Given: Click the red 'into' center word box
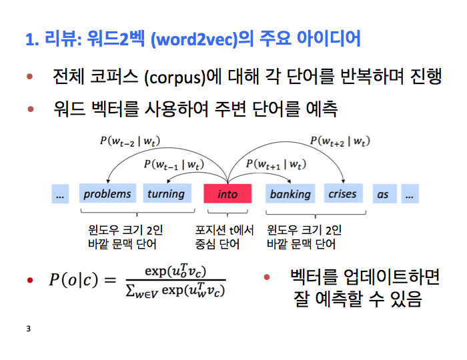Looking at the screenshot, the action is tap(227, 194).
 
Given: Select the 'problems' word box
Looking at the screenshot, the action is tap(107, 194).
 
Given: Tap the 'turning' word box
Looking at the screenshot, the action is tap(165, 194).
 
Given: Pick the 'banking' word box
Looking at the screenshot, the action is tap(290, 194).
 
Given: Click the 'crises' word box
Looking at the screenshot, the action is tap(343, 194).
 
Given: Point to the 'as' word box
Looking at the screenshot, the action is tap(382, 194).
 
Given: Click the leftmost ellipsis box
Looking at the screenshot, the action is tap(61, 194).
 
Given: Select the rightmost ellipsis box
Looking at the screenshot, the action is tap(410, 194).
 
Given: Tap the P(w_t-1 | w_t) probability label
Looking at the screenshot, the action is tap(174, 164).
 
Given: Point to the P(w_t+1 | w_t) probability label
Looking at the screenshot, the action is tap(276, 164).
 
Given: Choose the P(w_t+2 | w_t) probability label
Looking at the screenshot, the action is tap(340, 141).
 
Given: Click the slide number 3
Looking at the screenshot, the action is tap(28, 329).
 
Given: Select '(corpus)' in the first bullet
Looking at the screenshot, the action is tap(173, 78).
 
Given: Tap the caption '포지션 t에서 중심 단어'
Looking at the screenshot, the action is tap(225, 237).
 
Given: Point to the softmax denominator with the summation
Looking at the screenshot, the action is tap(175, 291).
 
